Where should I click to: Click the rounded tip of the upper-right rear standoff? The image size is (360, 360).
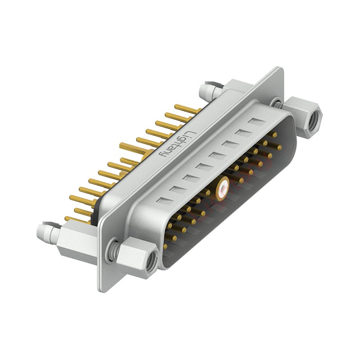tap(204, 90)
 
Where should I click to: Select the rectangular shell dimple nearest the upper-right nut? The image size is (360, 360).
tap(257, 121)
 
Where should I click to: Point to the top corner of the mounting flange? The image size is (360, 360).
tap(282, 69)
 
